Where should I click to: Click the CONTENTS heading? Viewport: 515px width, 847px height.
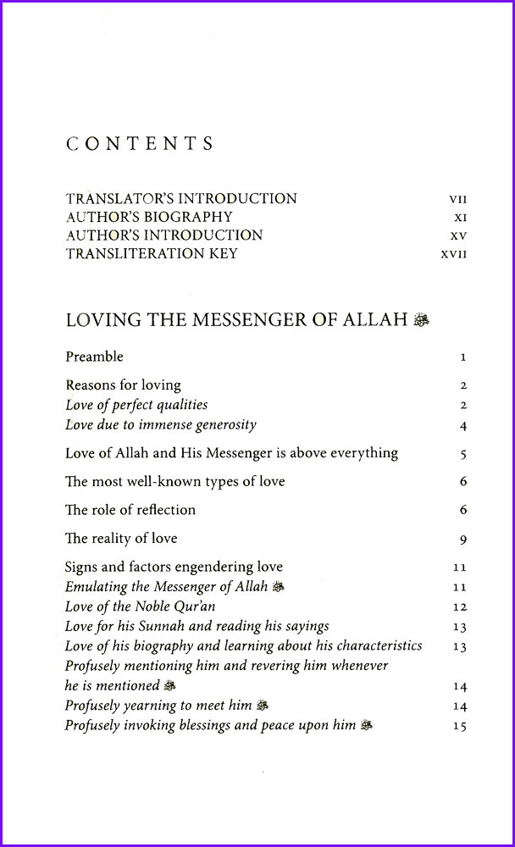(140, 143)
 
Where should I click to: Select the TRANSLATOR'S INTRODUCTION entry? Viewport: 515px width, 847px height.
(181, 199)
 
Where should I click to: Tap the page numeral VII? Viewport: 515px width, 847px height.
(457, 200)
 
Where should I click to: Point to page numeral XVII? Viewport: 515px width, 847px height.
(454, 254)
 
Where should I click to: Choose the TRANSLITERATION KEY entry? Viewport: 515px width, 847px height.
(152, 253)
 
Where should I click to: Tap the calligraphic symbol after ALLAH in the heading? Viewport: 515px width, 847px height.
(421, 320)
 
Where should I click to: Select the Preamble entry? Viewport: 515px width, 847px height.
(94, 357)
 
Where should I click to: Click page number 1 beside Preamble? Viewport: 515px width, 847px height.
(463, 357)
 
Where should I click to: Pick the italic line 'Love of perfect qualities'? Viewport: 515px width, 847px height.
(136, 405)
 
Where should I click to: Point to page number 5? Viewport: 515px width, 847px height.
(463, 454)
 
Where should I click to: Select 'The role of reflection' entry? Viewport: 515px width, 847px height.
(130, 510)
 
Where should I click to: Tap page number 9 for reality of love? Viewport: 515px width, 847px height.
(463, 540)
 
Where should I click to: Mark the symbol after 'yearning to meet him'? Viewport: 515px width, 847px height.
(263, 706)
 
